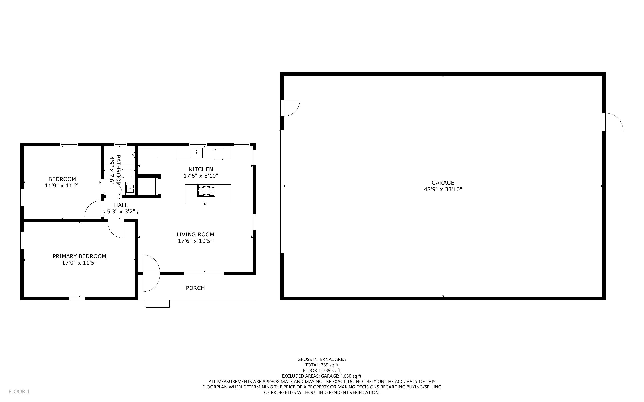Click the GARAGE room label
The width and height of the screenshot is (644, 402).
point(443,183)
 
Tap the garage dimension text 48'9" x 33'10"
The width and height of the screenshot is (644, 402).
point(443,189)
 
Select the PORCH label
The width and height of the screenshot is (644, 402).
point(195,288)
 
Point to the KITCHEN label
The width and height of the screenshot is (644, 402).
point(201,169)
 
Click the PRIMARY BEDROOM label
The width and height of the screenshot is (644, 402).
point(79,256)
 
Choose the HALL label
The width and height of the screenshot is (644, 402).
point(121,205)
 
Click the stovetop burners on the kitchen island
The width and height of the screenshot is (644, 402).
point(206,190)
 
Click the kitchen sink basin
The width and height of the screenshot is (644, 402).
point(196,153)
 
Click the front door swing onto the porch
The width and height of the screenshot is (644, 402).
point(151,273)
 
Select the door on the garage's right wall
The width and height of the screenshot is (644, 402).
point(613,122)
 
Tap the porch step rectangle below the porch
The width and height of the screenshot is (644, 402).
point(158,304)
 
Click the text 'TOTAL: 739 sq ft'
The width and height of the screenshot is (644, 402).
point(322,365)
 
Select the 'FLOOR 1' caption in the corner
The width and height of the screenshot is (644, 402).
point(19,391)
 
